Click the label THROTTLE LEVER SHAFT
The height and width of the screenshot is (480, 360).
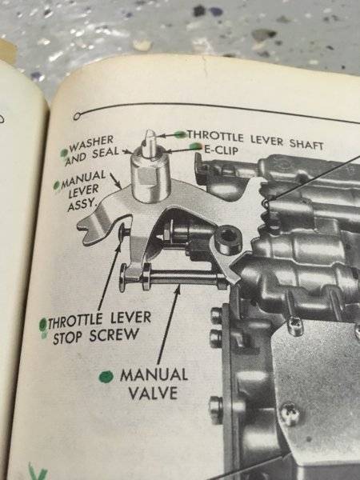(256, 139)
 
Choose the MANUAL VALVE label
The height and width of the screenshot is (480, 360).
(154, 383)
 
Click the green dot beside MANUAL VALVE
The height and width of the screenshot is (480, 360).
(106, 377)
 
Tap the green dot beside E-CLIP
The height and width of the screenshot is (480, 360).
(195, 146)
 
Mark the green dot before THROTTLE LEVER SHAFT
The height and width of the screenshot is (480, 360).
(181, 134)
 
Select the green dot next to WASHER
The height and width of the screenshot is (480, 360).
(64, 152)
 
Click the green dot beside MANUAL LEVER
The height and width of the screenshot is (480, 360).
(57, 185)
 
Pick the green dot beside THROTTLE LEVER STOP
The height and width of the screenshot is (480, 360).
(43, 325)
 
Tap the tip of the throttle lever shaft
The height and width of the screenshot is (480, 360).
(150, 132)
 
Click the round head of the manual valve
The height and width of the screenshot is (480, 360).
(124, 278)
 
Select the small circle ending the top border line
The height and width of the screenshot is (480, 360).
(77, 116)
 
